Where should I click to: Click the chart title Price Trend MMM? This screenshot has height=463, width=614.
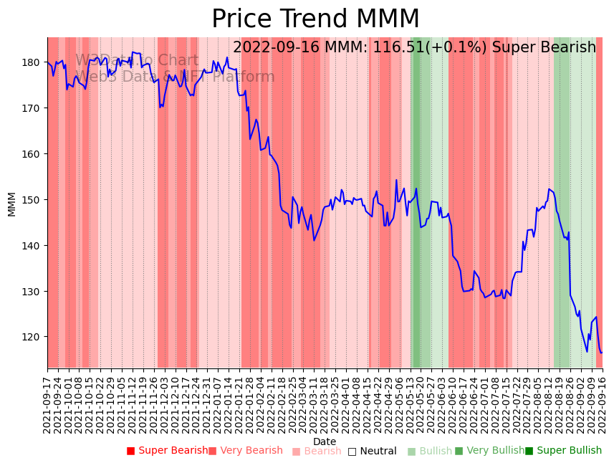315,19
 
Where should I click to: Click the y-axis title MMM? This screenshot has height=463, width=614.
11,204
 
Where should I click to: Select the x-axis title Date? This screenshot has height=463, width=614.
325,441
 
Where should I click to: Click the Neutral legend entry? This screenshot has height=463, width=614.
372,451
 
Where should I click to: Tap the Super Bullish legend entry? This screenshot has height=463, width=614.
563,451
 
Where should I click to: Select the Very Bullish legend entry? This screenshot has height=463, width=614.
489,451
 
